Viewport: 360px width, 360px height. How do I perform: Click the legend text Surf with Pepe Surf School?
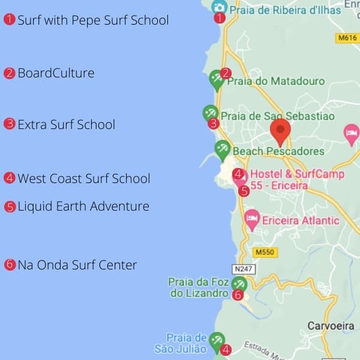93,20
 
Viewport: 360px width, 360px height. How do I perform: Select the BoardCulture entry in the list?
56,73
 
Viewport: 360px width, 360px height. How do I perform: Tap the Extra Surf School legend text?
66,125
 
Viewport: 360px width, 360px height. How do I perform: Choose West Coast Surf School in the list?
84,179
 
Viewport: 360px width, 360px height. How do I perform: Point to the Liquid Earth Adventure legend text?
83,206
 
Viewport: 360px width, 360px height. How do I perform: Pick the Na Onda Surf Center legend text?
77,265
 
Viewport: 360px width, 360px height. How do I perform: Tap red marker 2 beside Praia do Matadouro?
226,73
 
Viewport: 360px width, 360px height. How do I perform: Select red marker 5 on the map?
244,191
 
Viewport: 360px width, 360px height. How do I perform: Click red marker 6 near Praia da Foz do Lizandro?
238,295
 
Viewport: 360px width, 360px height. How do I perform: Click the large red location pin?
280,132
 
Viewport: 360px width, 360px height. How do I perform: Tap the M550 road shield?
263,253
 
